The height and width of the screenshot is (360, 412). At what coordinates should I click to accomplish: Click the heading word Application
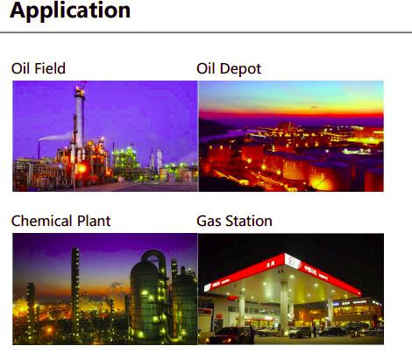pyautogui.click(x=70, y=11)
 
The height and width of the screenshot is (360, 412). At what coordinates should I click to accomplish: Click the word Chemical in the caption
pyautogui.click(x=42, y=221)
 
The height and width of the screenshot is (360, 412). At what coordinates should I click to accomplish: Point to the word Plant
pyautogui.click(x=94, y=221)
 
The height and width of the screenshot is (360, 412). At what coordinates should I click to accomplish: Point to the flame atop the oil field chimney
pyautogui.click(x=80, y=87)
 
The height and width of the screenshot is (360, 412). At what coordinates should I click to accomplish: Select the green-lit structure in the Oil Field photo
pyautogui.click(x=126, y=160)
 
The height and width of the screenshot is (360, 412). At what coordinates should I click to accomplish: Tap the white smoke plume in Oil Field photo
pyautogui.click(x=55, y=137)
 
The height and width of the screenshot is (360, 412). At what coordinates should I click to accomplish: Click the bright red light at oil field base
pyautogui.click(x=82, y=168)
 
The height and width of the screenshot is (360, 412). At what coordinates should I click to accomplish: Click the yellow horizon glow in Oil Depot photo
pyautogui.click(x=291, y=104)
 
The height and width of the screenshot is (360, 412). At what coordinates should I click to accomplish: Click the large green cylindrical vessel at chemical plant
pyautogui.click(x=146, y=300)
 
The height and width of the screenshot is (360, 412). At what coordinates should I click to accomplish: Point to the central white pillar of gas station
pyautogui.click(x=284, y=307)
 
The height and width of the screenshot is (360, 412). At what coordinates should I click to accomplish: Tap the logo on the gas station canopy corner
pyautogui.click(x=293, y=261)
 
